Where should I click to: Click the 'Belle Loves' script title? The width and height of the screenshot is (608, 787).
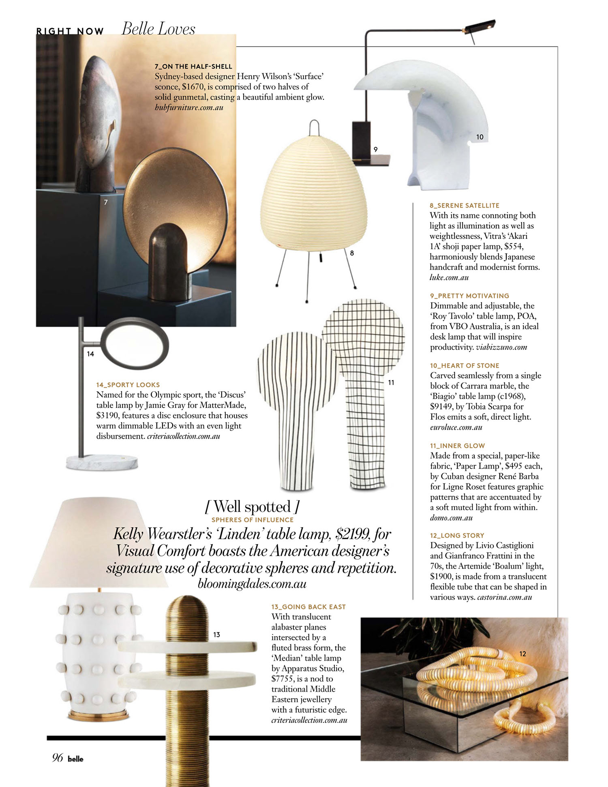point(158,29)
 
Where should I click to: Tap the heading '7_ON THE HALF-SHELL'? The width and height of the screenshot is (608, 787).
point(193,66)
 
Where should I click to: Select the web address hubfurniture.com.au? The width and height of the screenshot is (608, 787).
point(189,107)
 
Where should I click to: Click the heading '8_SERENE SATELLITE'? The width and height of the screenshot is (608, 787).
point(465,206)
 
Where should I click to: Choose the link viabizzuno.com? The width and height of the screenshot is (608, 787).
point(501,347)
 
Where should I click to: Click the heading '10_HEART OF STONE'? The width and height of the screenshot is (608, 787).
point(465,366)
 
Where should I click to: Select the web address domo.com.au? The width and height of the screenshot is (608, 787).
point(451,518)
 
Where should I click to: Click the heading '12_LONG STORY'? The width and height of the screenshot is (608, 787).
point(457,536)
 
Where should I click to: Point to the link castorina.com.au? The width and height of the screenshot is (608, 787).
point(505,597)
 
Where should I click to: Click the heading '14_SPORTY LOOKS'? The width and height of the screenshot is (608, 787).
point(128,385)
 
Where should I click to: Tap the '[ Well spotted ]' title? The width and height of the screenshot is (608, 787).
point(252,507)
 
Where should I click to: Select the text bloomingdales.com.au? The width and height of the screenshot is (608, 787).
point(252,584)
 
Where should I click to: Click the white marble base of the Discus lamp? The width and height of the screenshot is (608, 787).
point(102,463)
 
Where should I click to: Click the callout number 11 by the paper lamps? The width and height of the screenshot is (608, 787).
point(391,382)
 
